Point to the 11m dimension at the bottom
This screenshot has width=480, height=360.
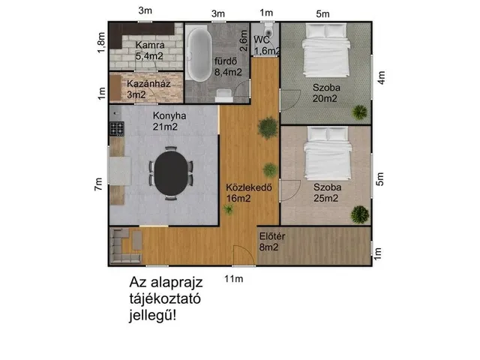pyautogui.click(x=235, y=280)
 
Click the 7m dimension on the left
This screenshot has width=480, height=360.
pyautogui.click(x=98, y=184)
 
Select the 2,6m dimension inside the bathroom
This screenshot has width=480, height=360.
pyautogui.click(x=244, y=34)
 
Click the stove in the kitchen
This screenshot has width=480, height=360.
pyautogui.click(x=115, y=127)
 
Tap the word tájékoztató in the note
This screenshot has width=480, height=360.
pyautogui.click(x=169, y=298)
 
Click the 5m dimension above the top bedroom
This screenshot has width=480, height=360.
pyautogui.click(x=322, y=13)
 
